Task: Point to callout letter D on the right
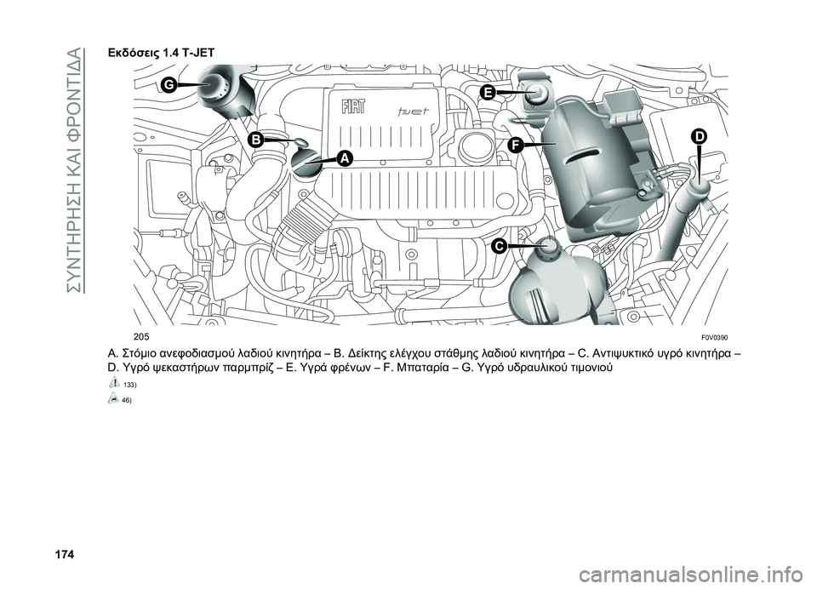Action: tap(698, 137)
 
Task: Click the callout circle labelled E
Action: tap(487, 93)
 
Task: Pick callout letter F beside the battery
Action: tap(516, 145)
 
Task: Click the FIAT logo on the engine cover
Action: tap(352, 106)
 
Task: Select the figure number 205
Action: tap(140, 335)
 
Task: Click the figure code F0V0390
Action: tap(716, 335)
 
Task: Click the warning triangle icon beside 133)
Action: tap(115, 383)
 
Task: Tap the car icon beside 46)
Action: tap(115, 398)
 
